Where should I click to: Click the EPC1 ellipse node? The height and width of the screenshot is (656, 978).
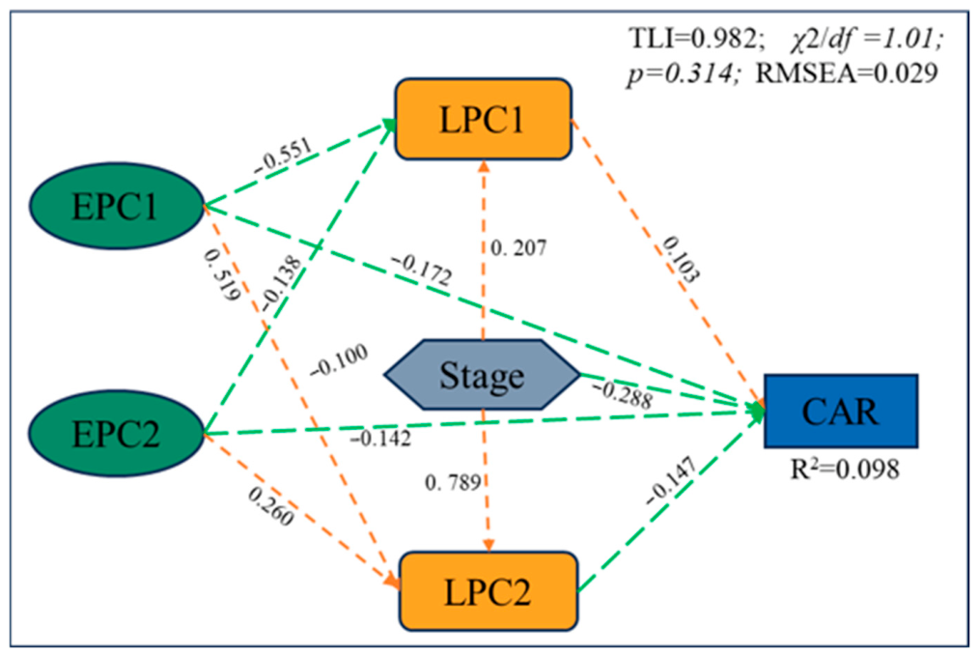[117, 206]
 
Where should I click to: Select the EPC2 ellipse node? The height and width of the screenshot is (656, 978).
[117, 434]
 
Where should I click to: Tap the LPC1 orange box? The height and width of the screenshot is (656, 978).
[484, 119]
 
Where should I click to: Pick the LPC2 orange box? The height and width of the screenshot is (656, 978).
[489, 591]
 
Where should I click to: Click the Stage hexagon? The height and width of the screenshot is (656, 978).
[482, 375]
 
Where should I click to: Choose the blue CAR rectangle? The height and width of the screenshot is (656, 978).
[841, 412]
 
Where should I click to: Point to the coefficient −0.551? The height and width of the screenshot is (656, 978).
[283, 157]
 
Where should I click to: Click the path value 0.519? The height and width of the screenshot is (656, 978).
[222, 274]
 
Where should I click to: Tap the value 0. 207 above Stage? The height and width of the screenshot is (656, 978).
[518, 248]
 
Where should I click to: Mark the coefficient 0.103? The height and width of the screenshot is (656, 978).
[681, 259]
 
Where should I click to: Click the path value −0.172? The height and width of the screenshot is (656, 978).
[422, 271]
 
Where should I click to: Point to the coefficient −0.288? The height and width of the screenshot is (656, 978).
[622, 394]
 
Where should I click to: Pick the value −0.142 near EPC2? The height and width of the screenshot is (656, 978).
[380, 439]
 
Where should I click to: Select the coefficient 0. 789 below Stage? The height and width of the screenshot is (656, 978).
[453, 482]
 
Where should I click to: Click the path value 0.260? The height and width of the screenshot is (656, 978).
[270, 506]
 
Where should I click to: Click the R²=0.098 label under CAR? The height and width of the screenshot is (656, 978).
[845, 470]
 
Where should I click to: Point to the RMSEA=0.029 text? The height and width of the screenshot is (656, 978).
[847, 73]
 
